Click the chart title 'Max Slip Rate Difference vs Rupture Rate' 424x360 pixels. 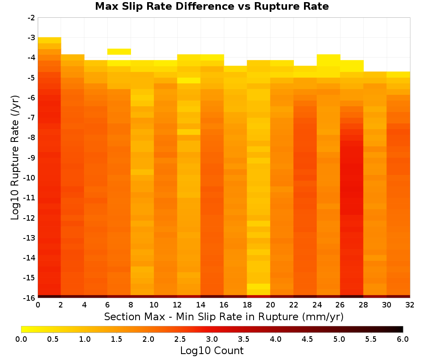212,6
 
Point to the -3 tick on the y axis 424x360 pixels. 31,38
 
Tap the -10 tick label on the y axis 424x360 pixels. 29,178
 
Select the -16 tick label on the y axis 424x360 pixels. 29,298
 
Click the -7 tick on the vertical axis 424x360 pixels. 31,118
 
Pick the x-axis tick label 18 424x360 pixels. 247,305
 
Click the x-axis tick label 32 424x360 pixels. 410,305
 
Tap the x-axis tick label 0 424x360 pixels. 38,305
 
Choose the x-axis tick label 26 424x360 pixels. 340,305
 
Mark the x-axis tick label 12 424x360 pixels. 177,305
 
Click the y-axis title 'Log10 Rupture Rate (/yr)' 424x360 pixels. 15,158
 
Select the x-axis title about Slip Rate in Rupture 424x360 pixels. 224,316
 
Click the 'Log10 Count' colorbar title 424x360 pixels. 212,351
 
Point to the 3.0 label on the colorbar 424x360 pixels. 212,339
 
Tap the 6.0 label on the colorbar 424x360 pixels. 403,339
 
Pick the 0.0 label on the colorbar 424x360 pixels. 21,339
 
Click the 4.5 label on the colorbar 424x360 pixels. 307,339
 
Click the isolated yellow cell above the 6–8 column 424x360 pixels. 119,52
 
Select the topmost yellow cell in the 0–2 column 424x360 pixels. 50,40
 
